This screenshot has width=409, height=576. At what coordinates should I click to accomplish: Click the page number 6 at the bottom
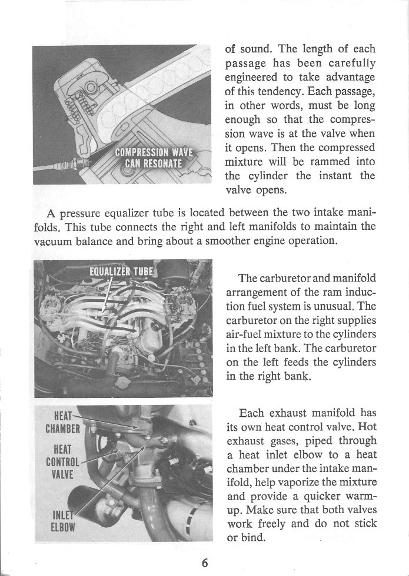[204, 562]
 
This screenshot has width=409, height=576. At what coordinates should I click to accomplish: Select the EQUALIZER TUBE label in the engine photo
[121, 272]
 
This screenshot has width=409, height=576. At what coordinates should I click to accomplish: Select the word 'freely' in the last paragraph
[270, 524]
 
